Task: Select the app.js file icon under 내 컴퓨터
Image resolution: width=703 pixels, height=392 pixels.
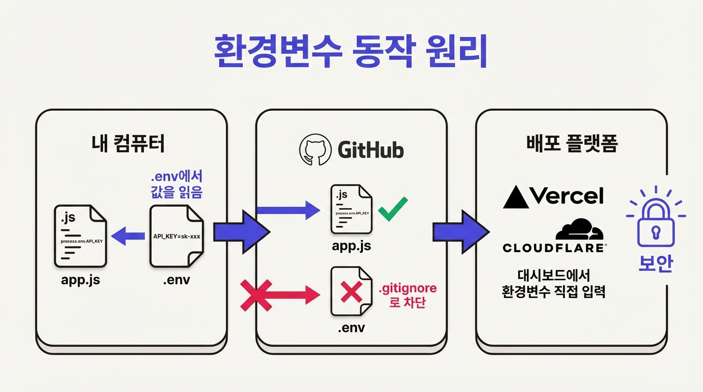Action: point(80,236)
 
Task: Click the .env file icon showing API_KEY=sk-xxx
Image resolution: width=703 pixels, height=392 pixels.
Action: point(177,236)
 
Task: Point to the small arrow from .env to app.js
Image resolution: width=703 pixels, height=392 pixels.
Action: point(128,236)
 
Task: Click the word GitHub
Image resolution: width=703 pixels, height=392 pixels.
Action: point(370,150)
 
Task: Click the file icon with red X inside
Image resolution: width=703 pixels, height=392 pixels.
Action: point(351,292)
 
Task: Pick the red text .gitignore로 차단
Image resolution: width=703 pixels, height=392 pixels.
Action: point(407,295)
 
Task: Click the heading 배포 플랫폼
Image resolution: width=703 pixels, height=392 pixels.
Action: point(572,144)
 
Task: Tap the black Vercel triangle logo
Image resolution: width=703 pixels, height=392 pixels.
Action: point(515,197)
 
